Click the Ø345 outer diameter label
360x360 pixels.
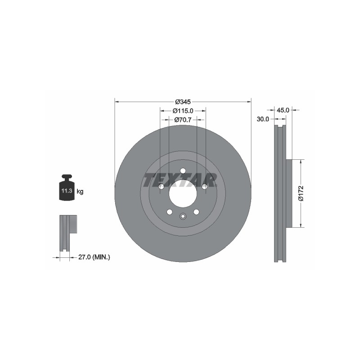click(183, 102)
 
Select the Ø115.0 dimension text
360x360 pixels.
click(183, 111)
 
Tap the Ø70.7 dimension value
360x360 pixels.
click(183, 120)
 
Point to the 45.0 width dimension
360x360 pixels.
click(283, 110)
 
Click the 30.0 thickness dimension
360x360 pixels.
click(263, 119)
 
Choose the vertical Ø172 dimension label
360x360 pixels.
click(301, 193)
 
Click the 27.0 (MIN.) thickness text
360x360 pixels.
click(94, 257)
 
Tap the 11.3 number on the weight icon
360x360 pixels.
click(67, 190)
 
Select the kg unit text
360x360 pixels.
click(80, 191)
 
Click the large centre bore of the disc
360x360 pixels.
click(183, 193)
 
